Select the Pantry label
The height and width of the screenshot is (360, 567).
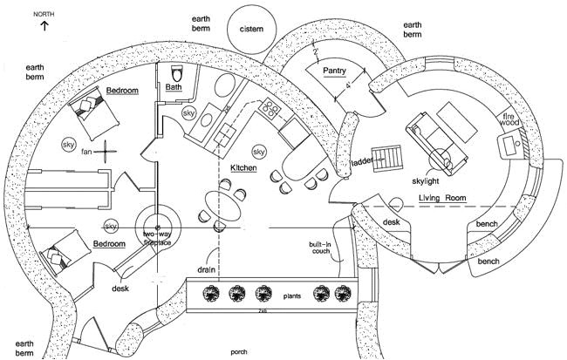click(335, 70)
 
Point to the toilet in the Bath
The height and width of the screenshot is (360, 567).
click(174, 71)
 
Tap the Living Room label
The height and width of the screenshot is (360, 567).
click(442, 199)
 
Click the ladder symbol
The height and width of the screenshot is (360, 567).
click(387, 158)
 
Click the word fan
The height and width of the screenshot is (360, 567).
click(86, 152)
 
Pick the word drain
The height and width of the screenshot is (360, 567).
click(206, 270)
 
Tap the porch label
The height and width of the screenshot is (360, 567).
click(238, 353)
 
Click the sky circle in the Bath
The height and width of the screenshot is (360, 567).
click(188, 113)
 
